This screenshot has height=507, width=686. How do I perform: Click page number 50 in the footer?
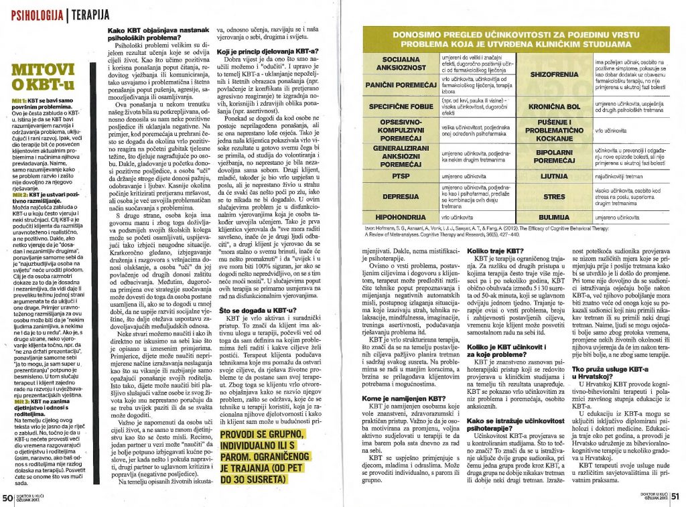[x=7, y=498]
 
